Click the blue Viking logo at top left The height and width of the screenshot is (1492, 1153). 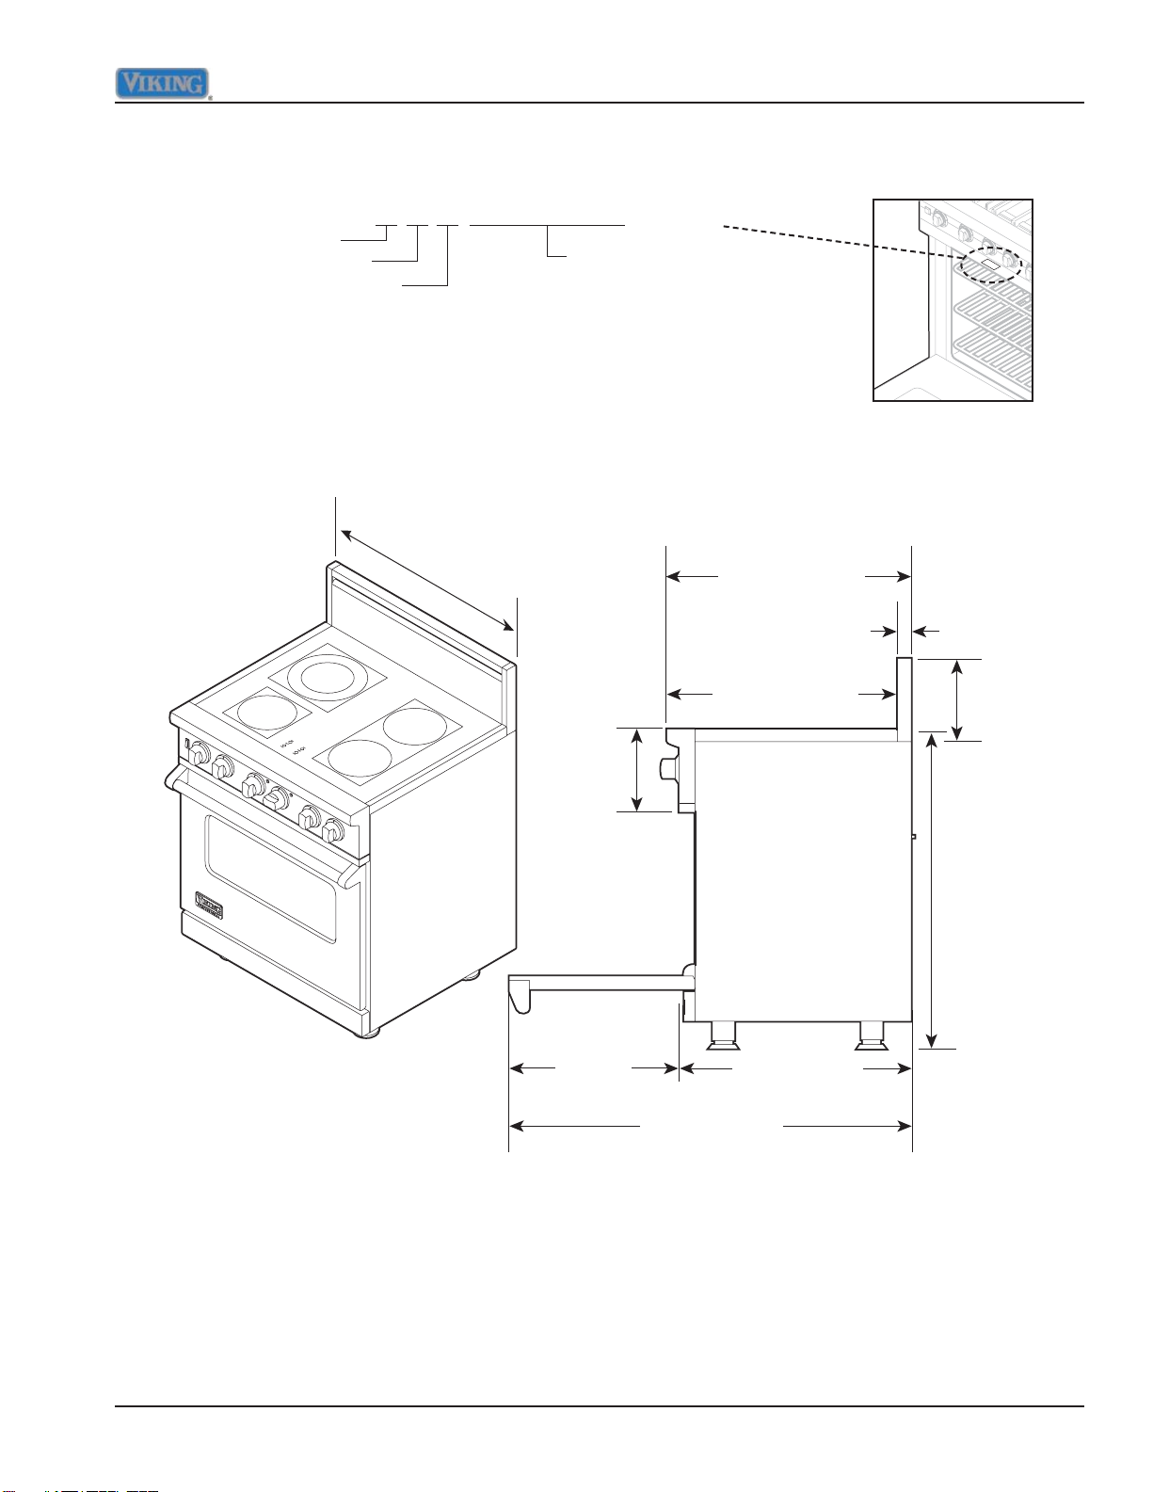(162, 84)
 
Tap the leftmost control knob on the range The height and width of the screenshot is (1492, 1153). (199, 752)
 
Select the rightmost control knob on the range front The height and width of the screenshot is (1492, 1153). (333, 830)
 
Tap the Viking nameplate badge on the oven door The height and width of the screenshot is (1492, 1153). (209, 905)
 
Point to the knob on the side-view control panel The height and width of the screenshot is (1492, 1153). (667, 769)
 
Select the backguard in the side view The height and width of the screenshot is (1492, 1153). (905, 699)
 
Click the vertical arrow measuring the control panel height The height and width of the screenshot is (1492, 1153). (638, 770)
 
